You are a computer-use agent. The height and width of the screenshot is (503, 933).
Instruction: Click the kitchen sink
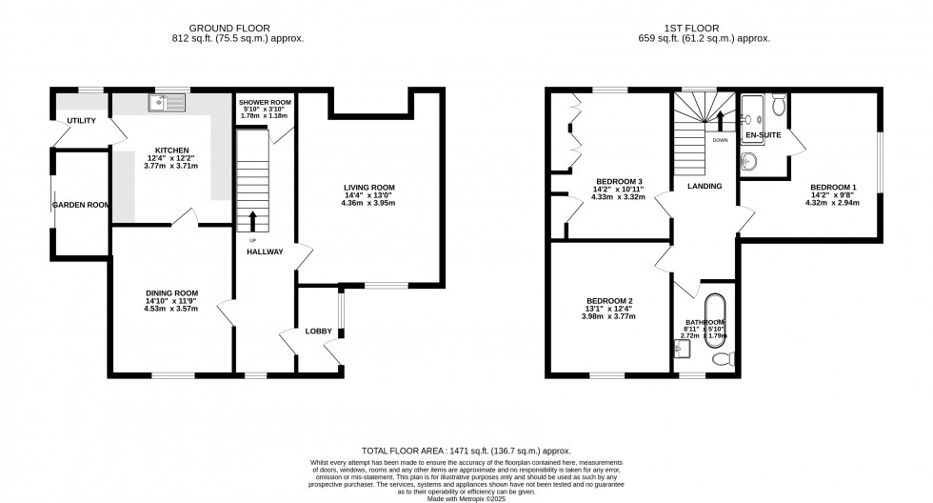coord(168,100)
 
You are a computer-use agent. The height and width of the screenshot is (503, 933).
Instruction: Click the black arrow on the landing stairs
coord(720,121)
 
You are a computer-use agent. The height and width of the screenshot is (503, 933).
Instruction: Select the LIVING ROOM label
coord(369,187)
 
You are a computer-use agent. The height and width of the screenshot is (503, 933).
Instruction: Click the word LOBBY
coord(318,332)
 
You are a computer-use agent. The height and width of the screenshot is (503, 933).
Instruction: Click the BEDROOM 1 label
coord(833,187)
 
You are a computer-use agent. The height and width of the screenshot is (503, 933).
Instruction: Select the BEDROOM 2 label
coord(609,301)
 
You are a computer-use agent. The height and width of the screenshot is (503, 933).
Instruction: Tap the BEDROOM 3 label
coord(619,181)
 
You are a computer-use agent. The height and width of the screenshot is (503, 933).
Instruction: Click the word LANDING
coord(705,187)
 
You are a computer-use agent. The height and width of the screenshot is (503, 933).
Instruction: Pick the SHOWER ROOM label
coord(265,102)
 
